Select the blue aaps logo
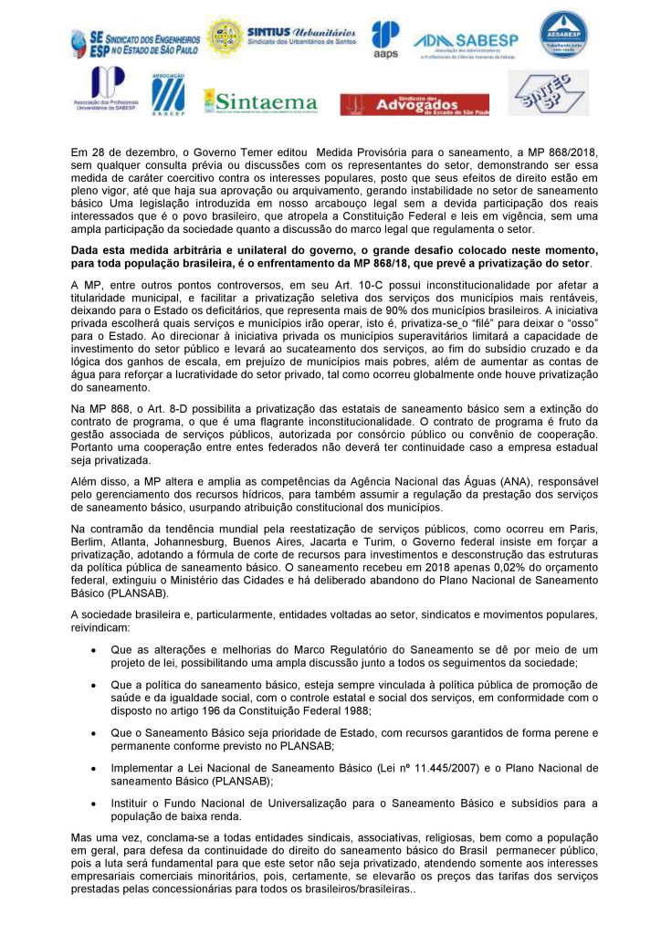(385, 40)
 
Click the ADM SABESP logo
(467, 43)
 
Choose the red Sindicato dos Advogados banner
(414, 104)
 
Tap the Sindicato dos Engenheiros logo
(135, 41)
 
